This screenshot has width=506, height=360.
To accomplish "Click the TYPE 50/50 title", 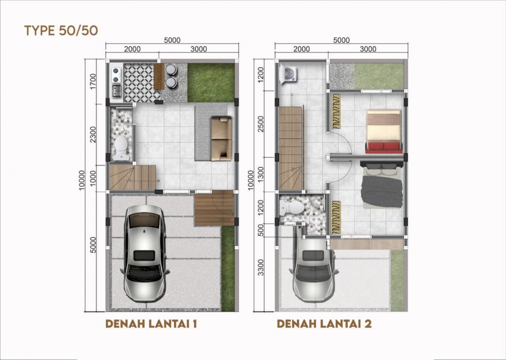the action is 61,30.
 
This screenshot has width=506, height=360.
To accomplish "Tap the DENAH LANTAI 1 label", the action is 151,323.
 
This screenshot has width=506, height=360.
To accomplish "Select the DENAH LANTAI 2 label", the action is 324,323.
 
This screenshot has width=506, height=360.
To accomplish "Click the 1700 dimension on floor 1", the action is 93,82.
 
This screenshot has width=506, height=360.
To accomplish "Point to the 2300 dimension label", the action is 93,135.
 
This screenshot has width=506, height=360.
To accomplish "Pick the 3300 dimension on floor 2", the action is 261,267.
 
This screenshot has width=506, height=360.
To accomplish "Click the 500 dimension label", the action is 261,230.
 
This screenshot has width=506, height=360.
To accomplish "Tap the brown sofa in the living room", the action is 221,138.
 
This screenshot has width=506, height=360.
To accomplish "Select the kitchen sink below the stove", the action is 116,91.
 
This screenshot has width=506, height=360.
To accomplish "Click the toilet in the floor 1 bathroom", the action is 121,148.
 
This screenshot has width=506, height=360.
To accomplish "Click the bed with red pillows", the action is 383,132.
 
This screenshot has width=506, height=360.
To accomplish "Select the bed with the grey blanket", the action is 382,185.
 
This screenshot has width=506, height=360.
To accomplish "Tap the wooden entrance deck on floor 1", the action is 214,208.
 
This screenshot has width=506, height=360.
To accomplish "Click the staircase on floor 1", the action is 133,177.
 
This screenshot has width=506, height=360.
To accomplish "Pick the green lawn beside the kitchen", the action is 211,82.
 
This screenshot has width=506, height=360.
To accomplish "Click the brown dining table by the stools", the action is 159,77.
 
